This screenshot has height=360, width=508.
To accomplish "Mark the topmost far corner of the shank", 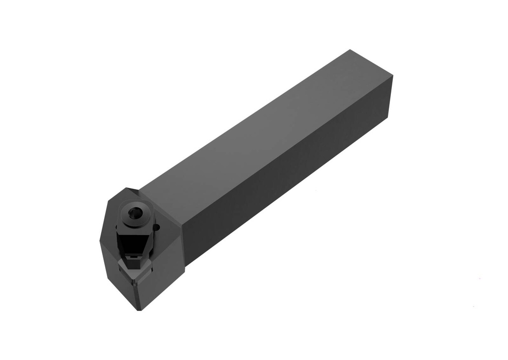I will pyautogui.click(x=350, y=50).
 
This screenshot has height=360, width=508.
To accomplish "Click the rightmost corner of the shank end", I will pyautogui.click(x=392, y=76).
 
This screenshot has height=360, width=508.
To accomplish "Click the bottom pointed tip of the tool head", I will pyautogui.click(x=139, y=309).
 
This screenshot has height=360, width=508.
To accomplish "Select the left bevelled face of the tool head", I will pyautogui.click(x=112, y=268).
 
